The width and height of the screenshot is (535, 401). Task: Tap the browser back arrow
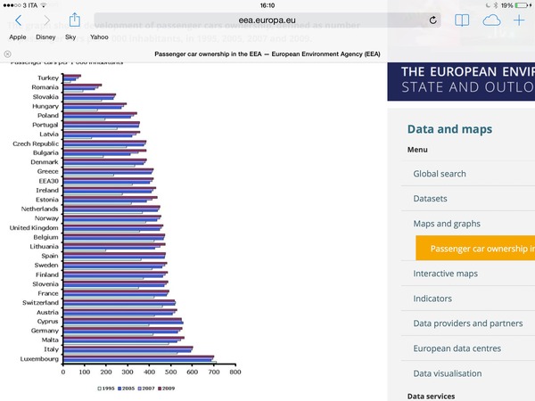tap(19, 20)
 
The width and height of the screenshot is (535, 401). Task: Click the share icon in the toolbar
tap(75, 20)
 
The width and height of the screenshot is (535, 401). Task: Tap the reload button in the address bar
tap(433, 20)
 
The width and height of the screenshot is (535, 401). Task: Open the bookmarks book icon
tap(462, 20)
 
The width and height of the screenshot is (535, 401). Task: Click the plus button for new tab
tap(520, 20)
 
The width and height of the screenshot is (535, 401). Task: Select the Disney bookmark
tap(45, 37)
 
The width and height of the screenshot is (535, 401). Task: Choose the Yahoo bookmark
tap(99, 37)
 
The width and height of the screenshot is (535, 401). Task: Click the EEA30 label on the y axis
tap(46, 181)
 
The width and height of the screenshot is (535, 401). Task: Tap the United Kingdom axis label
tap(35, 227)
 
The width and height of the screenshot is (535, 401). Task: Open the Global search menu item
tap(440, 174)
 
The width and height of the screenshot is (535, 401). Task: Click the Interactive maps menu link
tap(446, 274)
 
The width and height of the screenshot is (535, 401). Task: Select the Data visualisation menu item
tap(448, 373)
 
